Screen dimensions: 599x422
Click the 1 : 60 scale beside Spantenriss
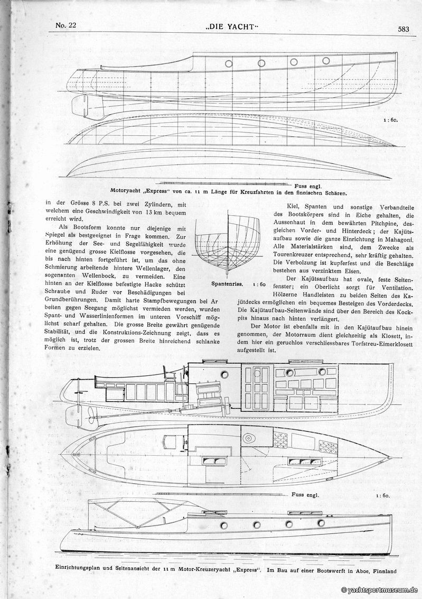tap(259, 284)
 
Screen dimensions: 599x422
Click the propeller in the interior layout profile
tap(80, 417)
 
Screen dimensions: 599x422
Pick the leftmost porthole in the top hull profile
tap(229, 63)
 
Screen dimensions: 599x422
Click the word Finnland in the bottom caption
tap(378, 570)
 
